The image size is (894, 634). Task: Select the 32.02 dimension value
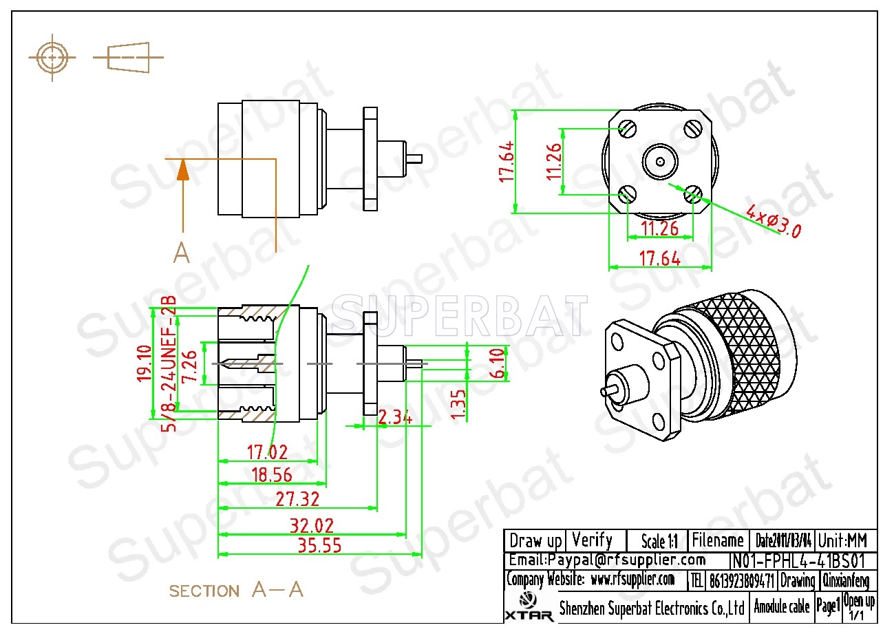click(311, 527)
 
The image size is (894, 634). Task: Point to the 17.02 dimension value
click(267, 453)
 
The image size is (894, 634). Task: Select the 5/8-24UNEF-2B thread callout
click(169, 363)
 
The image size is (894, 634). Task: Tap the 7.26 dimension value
click(190, 366)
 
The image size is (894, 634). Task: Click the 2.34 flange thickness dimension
click(396, 417)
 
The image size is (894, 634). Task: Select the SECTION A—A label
click(236, 591)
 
